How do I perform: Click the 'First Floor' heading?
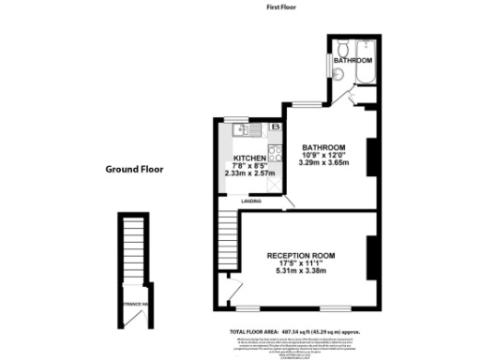pos(283,7)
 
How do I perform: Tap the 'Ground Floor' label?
pos(134,171)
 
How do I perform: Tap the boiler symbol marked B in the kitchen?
pos(276,127)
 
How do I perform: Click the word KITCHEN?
pos(248,157)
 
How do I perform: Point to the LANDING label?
pos(250,201)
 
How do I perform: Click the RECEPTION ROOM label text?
pos(301,256)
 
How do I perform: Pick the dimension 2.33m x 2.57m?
pos(248,173)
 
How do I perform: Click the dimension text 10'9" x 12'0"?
pos(323,155)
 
